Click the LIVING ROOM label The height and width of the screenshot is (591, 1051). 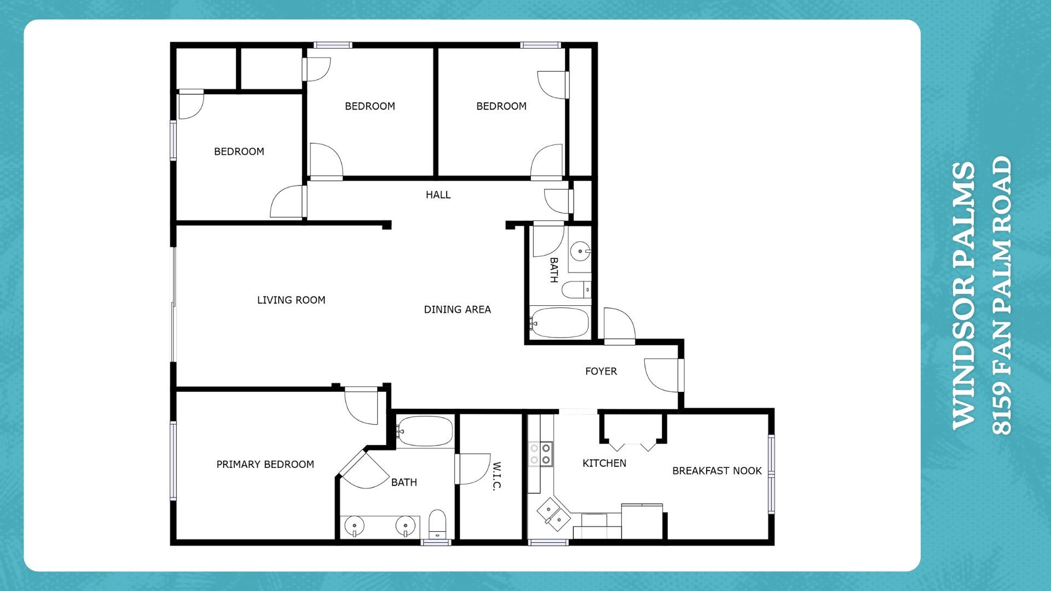[x=291, y=300]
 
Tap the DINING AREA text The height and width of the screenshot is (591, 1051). [x=457, y=309]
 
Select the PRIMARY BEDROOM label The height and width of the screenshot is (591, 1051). [x=265, y=464]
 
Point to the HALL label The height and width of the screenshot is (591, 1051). [x=438, y=194]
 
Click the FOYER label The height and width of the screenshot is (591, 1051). [x=600, y=371]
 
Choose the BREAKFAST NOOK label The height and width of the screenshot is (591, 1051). [x=717, y=471]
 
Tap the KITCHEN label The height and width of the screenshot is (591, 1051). [x=604, y=463]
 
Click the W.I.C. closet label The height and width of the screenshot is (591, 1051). [x=496, y=476]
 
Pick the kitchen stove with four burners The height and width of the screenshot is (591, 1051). [x=540, y=454]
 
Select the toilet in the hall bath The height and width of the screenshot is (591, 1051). [x=576, y=289]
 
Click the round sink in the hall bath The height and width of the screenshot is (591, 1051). [x=580, y=252]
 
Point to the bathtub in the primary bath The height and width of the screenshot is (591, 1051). [x=425, y=432]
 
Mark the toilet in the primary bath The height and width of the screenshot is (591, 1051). [x=437, y=524]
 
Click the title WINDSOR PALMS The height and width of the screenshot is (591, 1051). [x=964, y=296]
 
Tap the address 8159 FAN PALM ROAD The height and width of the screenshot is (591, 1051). [x=1002, y=296]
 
